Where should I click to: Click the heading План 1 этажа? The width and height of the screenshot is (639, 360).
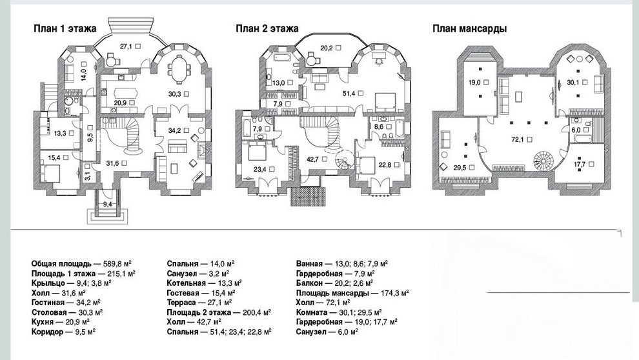[65, 28]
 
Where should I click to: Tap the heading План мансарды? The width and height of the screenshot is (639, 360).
[469, 29]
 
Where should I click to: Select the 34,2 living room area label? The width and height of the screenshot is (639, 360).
[174, 131]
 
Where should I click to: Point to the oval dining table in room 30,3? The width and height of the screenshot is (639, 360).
[179, 70]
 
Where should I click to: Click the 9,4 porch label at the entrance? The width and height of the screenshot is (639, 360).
[107, 205]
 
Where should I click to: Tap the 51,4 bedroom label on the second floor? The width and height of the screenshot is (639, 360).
[349, 94]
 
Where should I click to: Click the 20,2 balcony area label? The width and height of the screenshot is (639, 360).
[327, 48]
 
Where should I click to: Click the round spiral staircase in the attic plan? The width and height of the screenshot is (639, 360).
[544, 161]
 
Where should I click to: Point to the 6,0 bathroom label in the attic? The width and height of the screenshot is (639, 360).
[576, 130]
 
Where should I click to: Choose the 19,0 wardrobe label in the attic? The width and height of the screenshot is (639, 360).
[474, 83]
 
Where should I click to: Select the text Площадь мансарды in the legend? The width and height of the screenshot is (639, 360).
[333, 293]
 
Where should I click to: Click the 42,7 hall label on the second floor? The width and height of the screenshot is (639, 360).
[312, 159]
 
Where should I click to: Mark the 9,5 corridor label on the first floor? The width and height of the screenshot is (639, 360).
[90, 137]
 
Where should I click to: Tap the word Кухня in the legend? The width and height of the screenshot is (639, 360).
[43, 322]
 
